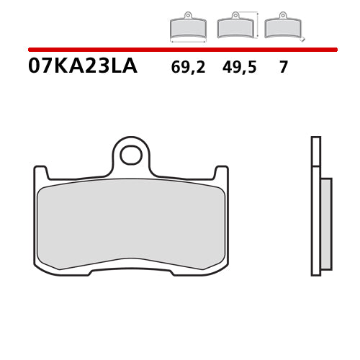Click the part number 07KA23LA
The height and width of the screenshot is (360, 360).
[x=82, y=67]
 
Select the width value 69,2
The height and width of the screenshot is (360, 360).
[x=188, y=68]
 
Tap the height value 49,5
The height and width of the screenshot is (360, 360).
[x=235, y=68]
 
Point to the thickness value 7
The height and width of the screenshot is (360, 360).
[x=284, y=68]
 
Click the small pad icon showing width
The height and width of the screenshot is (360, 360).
[x=187, y=27]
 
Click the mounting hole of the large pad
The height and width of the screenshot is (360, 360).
[x=131, y=154]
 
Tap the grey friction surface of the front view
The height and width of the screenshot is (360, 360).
[x=131, y=223]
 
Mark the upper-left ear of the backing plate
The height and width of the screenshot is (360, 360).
[x=40, y=173]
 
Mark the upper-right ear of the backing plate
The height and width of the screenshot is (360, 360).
[x=222, y=173]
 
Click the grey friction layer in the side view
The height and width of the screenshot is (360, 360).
[x=325, y=223]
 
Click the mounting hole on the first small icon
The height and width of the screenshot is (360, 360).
[x=187, y=15]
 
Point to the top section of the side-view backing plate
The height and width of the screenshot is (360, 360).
[x=315, y=151]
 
